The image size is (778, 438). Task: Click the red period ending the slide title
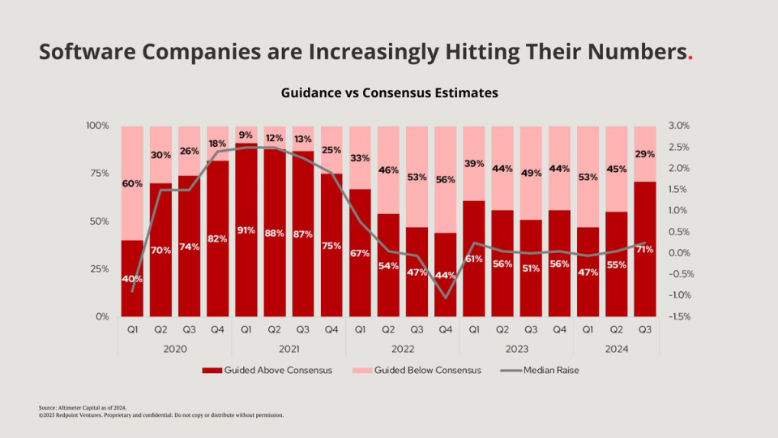click(690, 53)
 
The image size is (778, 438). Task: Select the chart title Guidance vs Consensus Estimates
click(389, 93)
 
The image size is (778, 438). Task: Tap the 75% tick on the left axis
click(96, 174)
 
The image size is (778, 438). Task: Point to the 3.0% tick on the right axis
click(679, 126)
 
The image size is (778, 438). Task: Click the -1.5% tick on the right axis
click(679, 316)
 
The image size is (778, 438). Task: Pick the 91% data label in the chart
click(246, 230)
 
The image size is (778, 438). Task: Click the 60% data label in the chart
click(132, 183)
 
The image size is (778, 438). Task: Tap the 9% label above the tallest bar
click(246, 135)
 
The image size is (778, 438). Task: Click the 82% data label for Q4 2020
click(218, 238)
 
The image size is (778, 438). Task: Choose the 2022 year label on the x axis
click(403, 348)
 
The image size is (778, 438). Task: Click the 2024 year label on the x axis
click(617, 348)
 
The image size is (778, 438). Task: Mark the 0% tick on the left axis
click(100, 316)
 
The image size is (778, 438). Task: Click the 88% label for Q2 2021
click(275, 234)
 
